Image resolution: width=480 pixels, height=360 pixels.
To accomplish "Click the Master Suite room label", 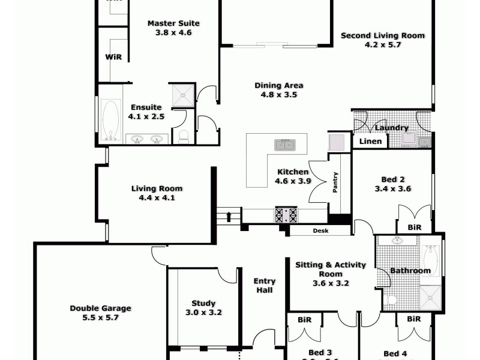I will pos(173,23).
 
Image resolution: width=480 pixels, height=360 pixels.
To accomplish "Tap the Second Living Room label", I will pos(383,35).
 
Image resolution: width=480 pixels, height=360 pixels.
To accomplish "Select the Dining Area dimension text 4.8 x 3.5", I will pos(279,94).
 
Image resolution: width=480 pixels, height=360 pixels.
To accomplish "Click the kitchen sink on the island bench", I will pos(284,145).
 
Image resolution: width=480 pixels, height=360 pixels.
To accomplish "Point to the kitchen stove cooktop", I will pos(286,215).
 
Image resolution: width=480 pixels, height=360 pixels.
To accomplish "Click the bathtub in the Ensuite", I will pos(110,120).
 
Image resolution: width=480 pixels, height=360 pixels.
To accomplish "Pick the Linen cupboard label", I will pos(369,142).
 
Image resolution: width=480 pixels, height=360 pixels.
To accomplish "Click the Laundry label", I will pos(391,128).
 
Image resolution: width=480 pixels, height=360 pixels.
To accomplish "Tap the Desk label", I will pos(319,231).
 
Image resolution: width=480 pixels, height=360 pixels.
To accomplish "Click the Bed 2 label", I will pos(393,179).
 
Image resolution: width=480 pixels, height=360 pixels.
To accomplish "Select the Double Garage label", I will pos(100,308).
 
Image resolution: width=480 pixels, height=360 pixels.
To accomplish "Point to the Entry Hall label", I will pos(265,286).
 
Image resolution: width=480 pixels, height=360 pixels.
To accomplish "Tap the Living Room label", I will pos(157,188).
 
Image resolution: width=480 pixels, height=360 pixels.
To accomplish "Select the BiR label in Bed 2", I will pos(414,228).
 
